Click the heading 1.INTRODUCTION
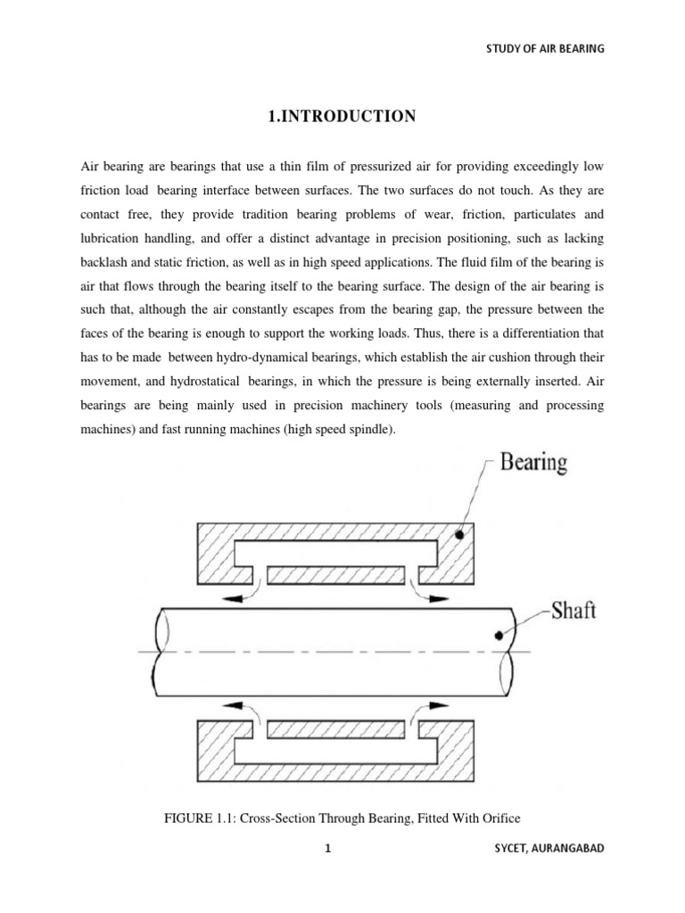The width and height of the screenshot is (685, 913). coord(342,116)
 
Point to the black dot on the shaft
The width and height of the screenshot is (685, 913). coord(497,635)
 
